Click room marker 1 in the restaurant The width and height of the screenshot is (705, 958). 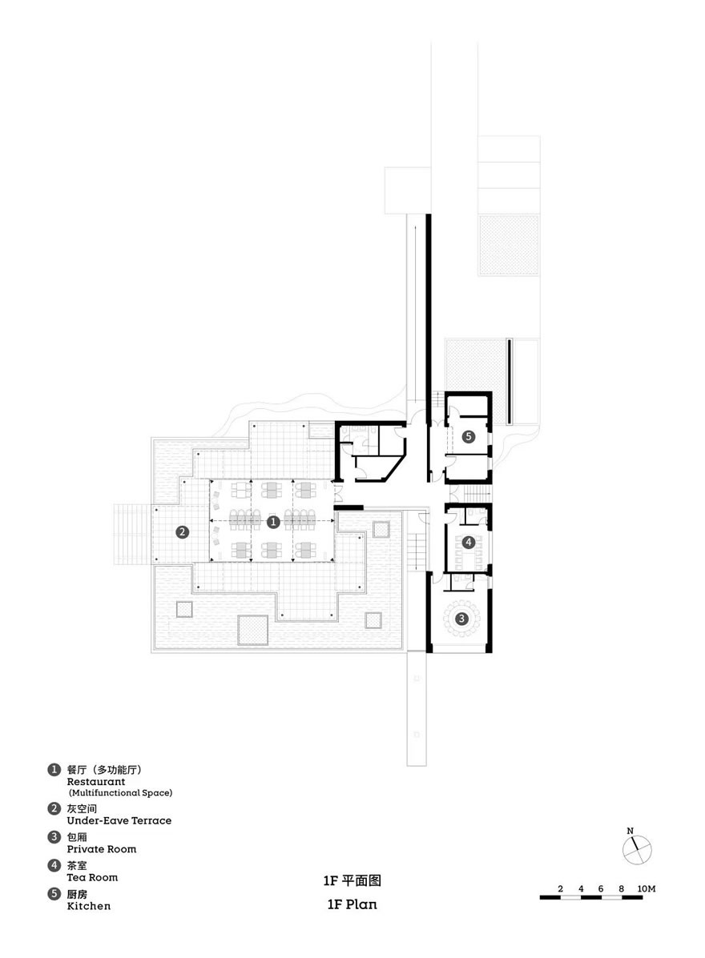pyautogui.click(x=274, y=522)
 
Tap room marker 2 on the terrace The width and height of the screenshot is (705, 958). pyautogui.click(x=182, y=532)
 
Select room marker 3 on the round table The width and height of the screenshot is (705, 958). pyautogui.click(x=461, y=619)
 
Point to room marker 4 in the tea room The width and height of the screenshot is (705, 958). pyautogui.click(x=469, y=542)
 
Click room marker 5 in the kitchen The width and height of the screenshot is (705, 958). pyautogui.click(x=469, y=436)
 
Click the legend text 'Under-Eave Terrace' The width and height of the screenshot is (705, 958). pyautogui.click(x=119, y=820)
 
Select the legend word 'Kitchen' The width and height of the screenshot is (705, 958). pyautogui.click(x=89, y=906)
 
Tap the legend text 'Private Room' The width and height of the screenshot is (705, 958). pyautogui.click(x=102, y=849)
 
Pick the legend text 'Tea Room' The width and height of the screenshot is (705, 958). pyautogui.click(x=92, y=877)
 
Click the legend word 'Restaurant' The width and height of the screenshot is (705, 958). pyautogui.click(x=96, y=781)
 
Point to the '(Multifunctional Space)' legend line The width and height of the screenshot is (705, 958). pyautogui.click(x=120, y=793)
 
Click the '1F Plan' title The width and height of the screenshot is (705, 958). pyautogui.click(x=352, y=904)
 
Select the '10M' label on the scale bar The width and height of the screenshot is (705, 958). pyautogui.click(x=647, y=888)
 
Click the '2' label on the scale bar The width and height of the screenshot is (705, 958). pyautogui.click(x=561, y=888)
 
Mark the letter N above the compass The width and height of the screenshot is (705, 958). pyautogui.click(x=630, y=831)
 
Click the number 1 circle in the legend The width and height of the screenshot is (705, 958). pyautogui.click(x=54, y=770)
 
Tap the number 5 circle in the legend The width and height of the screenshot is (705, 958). pyautogui.click(x=54, y=895)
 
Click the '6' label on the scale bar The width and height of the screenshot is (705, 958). pyautogui.click(x=601, y=888)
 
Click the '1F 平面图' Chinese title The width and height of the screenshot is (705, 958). pyautogui.click(x=352, y=880)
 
